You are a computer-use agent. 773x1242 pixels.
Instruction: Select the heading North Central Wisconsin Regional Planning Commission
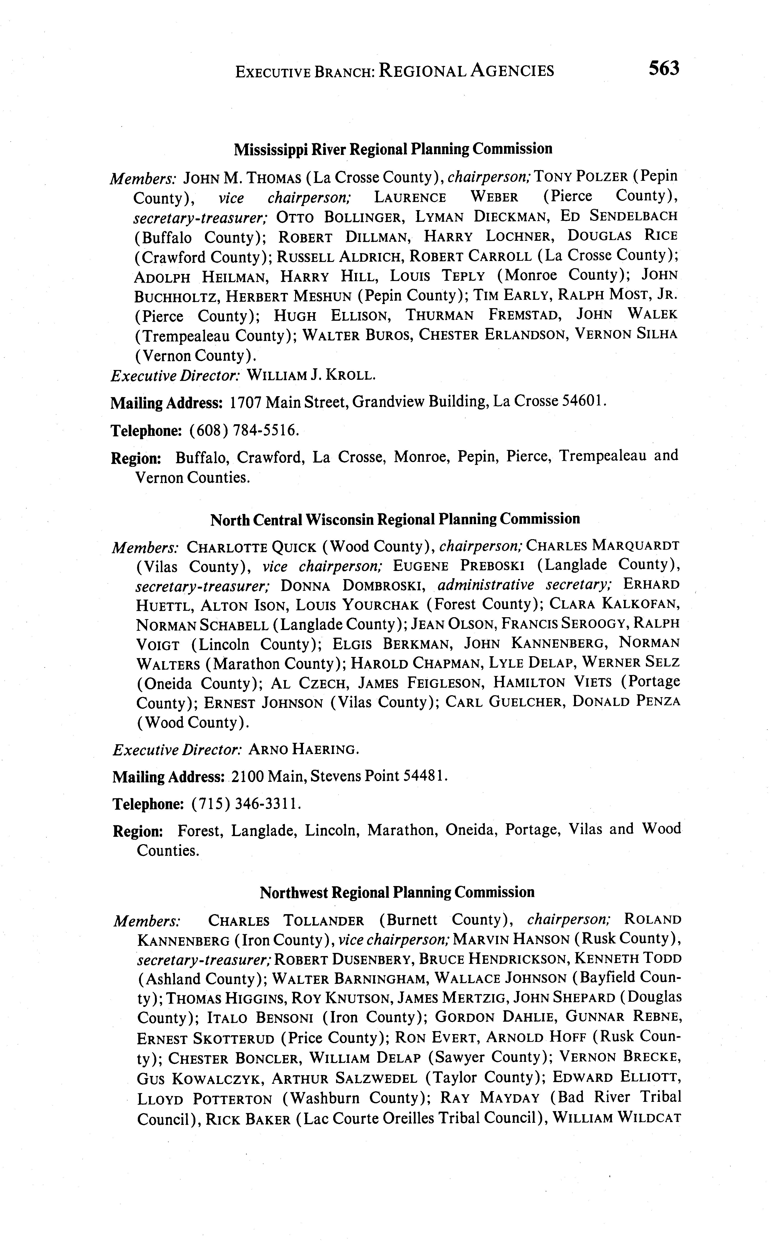pos(395,519)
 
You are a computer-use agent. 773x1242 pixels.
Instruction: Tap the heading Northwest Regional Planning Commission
pos(397,892)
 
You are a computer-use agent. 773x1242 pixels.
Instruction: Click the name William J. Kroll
pos(311,376)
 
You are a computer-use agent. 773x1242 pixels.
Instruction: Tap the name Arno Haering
pos(304,750)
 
